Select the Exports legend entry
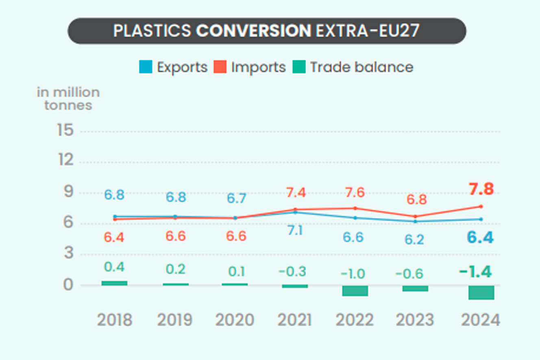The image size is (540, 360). click(x=173, y=67)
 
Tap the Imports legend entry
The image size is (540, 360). click(x=250, y=67)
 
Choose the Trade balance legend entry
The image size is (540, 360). click(x=353, y=67)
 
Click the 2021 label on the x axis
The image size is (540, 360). click(x=295, y=320)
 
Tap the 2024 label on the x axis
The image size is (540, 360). click(x=480, y=320)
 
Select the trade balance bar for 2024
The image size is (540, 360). click(x=481, y=292)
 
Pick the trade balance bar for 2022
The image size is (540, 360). click(x=355, y=290)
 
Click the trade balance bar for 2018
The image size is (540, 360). click(x=114, y=283)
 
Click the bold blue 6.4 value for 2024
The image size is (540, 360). click(x=480, y=237)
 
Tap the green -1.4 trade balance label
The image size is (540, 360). click(x=475, y=272)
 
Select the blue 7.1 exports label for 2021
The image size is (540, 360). click(x=295, y=231)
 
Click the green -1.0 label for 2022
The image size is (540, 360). click(x=353, y=274)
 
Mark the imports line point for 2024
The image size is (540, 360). click(x=481, y=206)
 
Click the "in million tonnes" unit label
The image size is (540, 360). click(x=68, y=98)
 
